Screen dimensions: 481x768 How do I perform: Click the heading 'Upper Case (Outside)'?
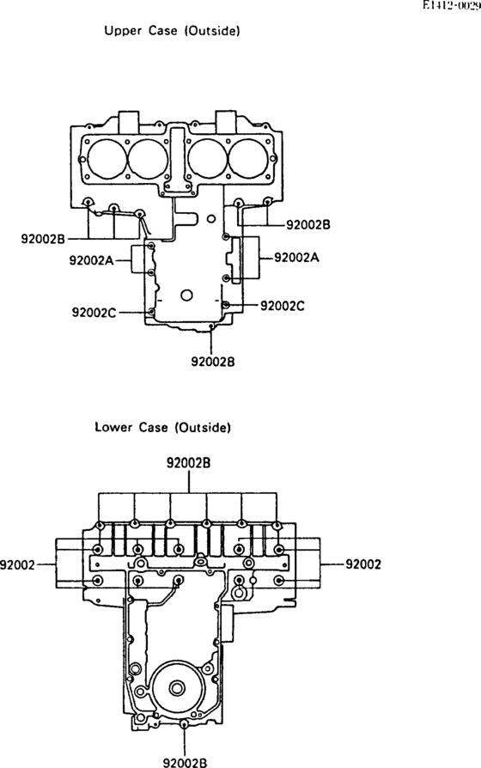(x=172, y=31)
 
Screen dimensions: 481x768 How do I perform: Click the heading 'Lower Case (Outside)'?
(x=162, y=427)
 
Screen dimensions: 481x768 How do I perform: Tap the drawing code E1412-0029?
(x=452, y=6)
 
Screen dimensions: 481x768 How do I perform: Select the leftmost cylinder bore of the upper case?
(x=107, y=159)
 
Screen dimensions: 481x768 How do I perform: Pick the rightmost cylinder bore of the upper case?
(x=248, y=159)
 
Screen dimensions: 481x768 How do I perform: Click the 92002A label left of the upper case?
(x=91, y=260)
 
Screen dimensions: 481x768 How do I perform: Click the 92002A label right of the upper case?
(x=296, y=257)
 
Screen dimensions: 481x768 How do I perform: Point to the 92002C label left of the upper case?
(x=94, y=312)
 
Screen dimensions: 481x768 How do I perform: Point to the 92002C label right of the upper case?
(x=282, y=306)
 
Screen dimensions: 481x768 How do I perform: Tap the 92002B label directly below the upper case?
(x=212, y=362)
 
